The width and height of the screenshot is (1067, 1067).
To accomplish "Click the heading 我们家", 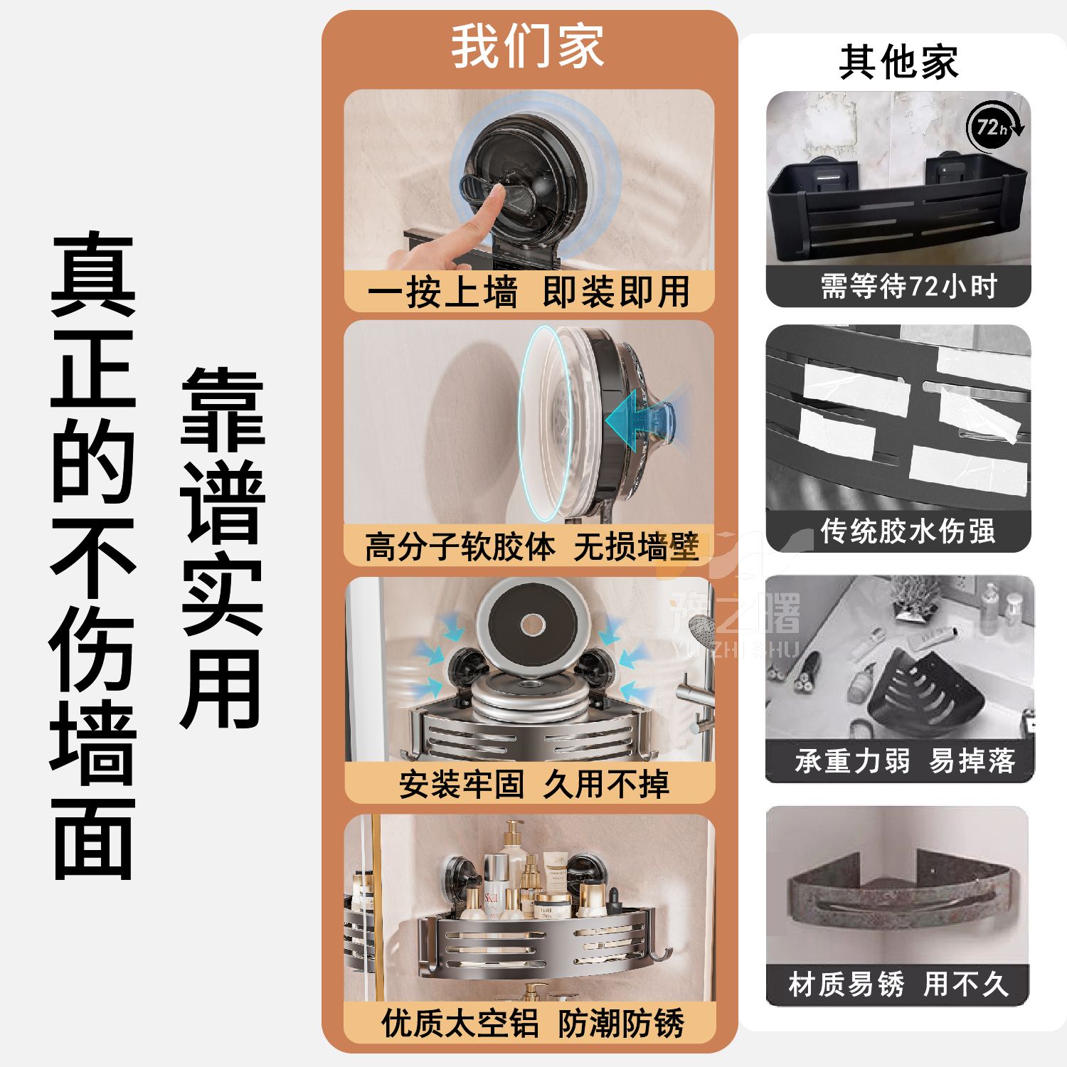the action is click(528, 47).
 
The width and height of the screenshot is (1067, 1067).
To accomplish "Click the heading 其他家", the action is click(898, 62).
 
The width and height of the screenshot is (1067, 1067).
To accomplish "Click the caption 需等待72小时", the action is click(908, 287).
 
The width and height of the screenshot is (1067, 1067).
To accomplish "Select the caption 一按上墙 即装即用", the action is click(529, 292).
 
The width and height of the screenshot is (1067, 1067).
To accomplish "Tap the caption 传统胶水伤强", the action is click(908, 531).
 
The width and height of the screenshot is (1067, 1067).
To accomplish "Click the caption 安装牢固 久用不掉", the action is click(533, 785).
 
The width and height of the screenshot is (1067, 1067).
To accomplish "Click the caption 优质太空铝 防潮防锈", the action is click(533, 1024).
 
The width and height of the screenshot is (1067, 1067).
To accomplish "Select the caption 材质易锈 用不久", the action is click(898, 984).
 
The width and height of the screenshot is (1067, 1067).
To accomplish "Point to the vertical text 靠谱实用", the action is click(223, 548).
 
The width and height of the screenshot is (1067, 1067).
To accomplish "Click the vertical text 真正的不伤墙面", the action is click(93, 556).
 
